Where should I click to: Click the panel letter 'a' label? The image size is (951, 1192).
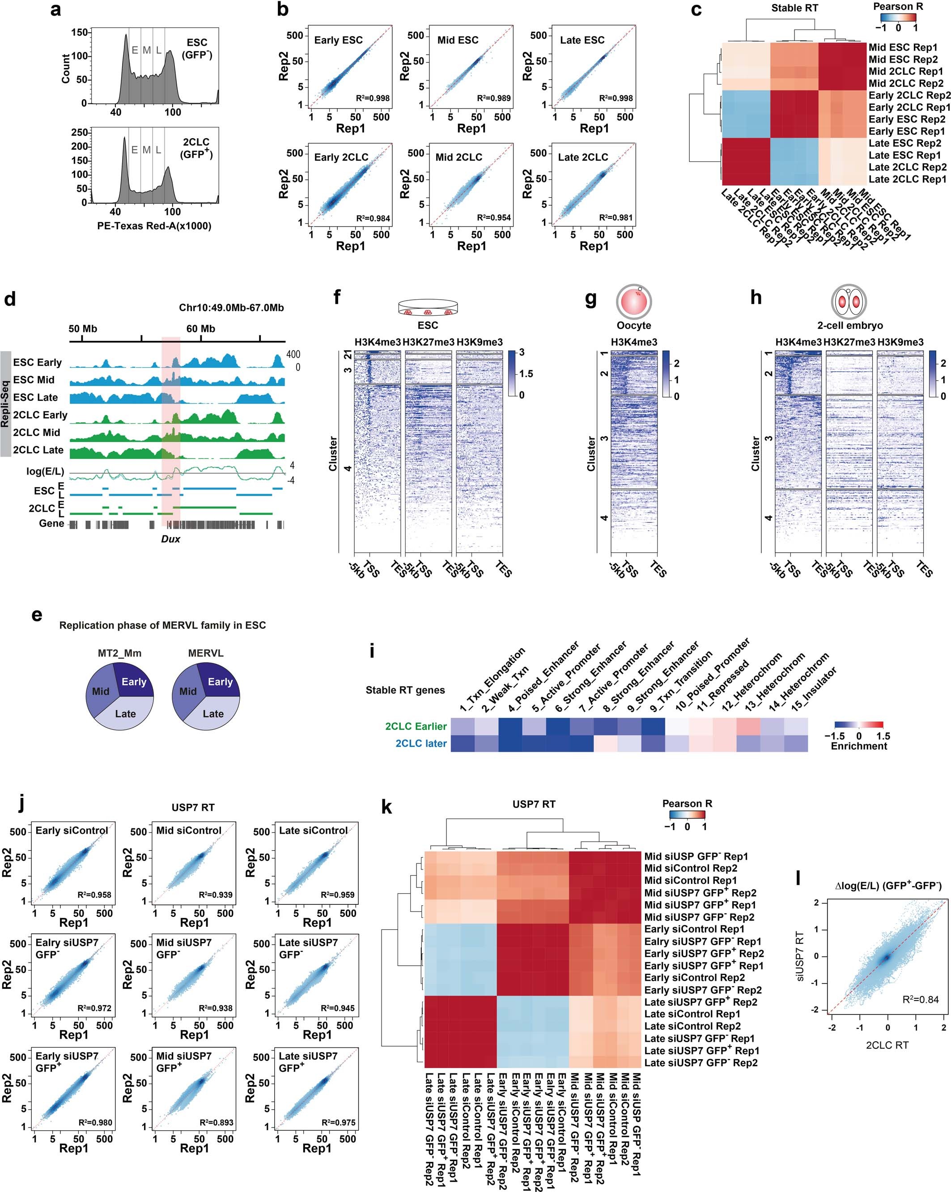tap(55, 9)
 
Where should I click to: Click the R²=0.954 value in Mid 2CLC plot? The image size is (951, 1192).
tap(494, 218)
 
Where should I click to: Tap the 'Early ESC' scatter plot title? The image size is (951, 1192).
tap(338, 40)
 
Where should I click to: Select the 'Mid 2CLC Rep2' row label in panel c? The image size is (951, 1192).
tap(906, 84)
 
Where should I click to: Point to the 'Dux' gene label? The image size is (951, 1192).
tap(170, 539)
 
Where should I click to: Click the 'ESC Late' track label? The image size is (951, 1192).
tap(36, 398)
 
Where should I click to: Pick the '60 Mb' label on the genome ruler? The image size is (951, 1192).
tap(200, 329)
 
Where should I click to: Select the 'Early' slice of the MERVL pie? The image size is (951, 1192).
tap(220, 682)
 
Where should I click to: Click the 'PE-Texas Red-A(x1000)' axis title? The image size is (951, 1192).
tap(154, 226)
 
